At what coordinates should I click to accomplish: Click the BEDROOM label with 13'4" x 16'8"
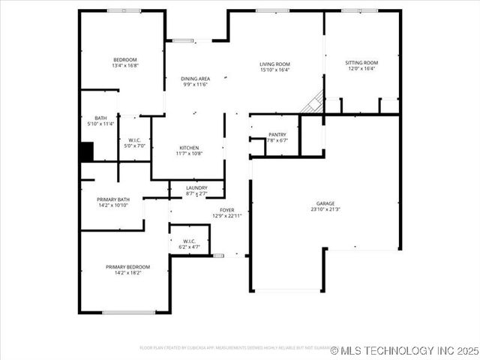pyautogui.click(x=125, y=60)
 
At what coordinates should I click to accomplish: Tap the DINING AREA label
pyautogui.click(x=195, y=79)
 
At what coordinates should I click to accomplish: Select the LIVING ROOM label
pyautogui.click(x=274, y=64)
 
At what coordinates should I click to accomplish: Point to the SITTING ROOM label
pyautogui.click(x=361, y=63)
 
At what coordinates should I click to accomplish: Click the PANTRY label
pyautogui.click(x=277, y=135)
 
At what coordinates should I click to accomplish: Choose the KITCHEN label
pyautogui.click(x=188, y=148)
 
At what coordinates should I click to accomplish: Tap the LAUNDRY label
pyautogui.click(x=196, y=187)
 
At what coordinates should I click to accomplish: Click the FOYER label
pyautogui.click(x=226, y=210)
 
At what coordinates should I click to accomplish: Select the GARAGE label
pyautogui.click(x=325, y=203)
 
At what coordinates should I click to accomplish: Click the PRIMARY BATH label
pyautogui.click(x=113, y=199)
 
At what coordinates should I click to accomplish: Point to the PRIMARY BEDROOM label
pyautogui.click(x=127, y=267)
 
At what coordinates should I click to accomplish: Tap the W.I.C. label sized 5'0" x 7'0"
pyautogui.click(x=135, y=139)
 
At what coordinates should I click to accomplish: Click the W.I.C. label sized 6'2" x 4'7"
pyautogui.click(x=189, y=241)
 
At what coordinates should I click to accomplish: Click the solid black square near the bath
pyautogui.click(x=87, y=151)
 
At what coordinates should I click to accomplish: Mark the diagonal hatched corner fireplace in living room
pyautogui.click(x=313, y=103)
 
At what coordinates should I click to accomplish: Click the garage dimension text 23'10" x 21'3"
pyautogui.click(x=325, y=209)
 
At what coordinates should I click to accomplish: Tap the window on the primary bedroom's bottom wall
pyautogui.click(x=129, y=312)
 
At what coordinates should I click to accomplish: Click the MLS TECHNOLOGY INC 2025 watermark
pyautogui.click(x=403, y=350)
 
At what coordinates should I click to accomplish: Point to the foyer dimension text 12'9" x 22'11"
pyautogui.click(x=226, y=216)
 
